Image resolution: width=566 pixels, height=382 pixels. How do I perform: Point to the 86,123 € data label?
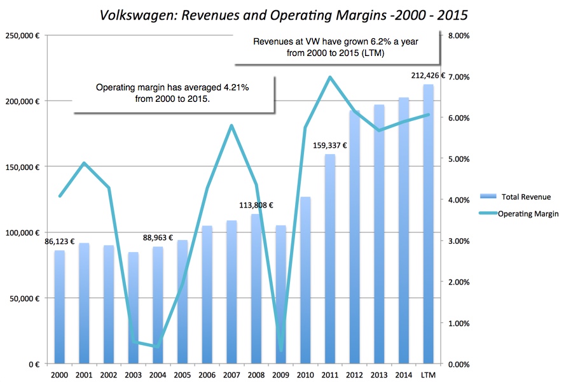pos(60,242)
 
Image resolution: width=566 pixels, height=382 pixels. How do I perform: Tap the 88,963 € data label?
pos(158,237)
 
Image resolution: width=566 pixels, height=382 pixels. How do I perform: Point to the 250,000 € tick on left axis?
pos(22,36)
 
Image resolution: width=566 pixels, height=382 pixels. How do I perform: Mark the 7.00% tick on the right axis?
pos(459,77)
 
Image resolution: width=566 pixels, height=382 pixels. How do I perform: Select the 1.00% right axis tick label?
pos(459,323)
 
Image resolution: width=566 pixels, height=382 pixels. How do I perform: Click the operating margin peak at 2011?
pos(330,77)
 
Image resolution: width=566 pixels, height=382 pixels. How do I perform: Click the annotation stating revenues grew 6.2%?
pos(336,48)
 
